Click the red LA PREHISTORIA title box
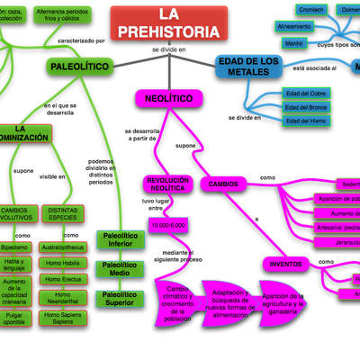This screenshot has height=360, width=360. (x=164, y=24)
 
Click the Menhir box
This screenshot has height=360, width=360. (x=269, y=42)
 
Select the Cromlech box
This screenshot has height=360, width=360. (x=287, y=10)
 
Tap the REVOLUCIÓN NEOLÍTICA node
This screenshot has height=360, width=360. (x=167, y=184)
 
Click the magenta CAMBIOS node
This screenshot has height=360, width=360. (x=223, y=184)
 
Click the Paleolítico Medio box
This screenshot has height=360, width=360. (x=118, y=266)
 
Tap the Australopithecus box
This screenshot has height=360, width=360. (x=63, y=246)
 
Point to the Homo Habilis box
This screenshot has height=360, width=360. (x=63, y=263)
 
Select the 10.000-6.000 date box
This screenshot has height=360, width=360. (x=167, y=224)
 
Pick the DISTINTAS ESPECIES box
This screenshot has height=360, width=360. (x=63, y=214)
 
